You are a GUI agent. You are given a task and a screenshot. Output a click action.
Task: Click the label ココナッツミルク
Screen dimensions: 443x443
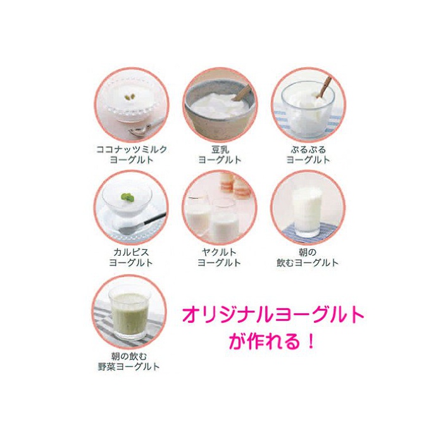(132, 149)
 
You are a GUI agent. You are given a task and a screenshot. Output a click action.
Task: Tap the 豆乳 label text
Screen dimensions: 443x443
(220, 149)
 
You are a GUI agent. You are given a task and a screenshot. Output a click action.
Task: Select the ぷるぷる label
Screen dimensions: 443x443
(308, 149)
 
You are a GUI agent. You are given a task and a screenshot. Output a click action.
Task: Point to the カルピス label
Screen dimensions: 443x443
(131, 252)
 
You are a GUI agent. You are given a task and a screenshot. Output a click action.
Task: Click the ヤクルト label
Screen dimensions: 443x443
(219, 252)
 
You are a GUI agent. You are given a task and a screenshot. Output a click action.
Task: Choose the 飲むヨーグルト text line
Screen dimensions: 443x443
(308, 263)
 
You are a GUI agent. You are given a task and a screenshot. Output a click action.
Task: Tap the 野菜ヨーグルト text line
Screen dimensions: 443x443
(129, 366)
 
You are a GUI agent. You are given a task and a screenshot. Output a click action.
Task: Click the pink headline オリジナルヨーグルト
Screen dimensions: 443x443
(273, 315)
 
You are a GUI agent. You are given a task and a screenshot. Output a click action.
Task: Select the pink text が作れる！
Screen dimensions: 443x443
(271, 341)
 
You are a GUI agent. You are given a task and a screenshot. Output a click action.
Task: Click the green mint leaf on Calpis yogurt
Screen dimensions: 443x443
(127, 197)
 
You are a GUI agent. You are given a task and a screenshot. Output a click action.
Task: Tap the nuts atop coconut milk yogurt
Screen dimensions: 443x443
(130, 97)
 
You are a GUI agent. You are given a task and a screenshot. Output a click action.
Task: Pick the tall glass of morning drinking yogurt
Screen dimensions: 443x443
(307, 212)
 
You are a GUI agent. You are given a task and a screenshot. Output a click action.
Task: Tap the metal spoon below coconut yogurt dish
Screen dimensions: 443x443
(143, 128)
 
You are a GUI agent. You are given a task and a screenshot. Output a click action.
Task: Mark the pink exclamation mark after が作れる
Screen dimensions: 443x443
(311, 341)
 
